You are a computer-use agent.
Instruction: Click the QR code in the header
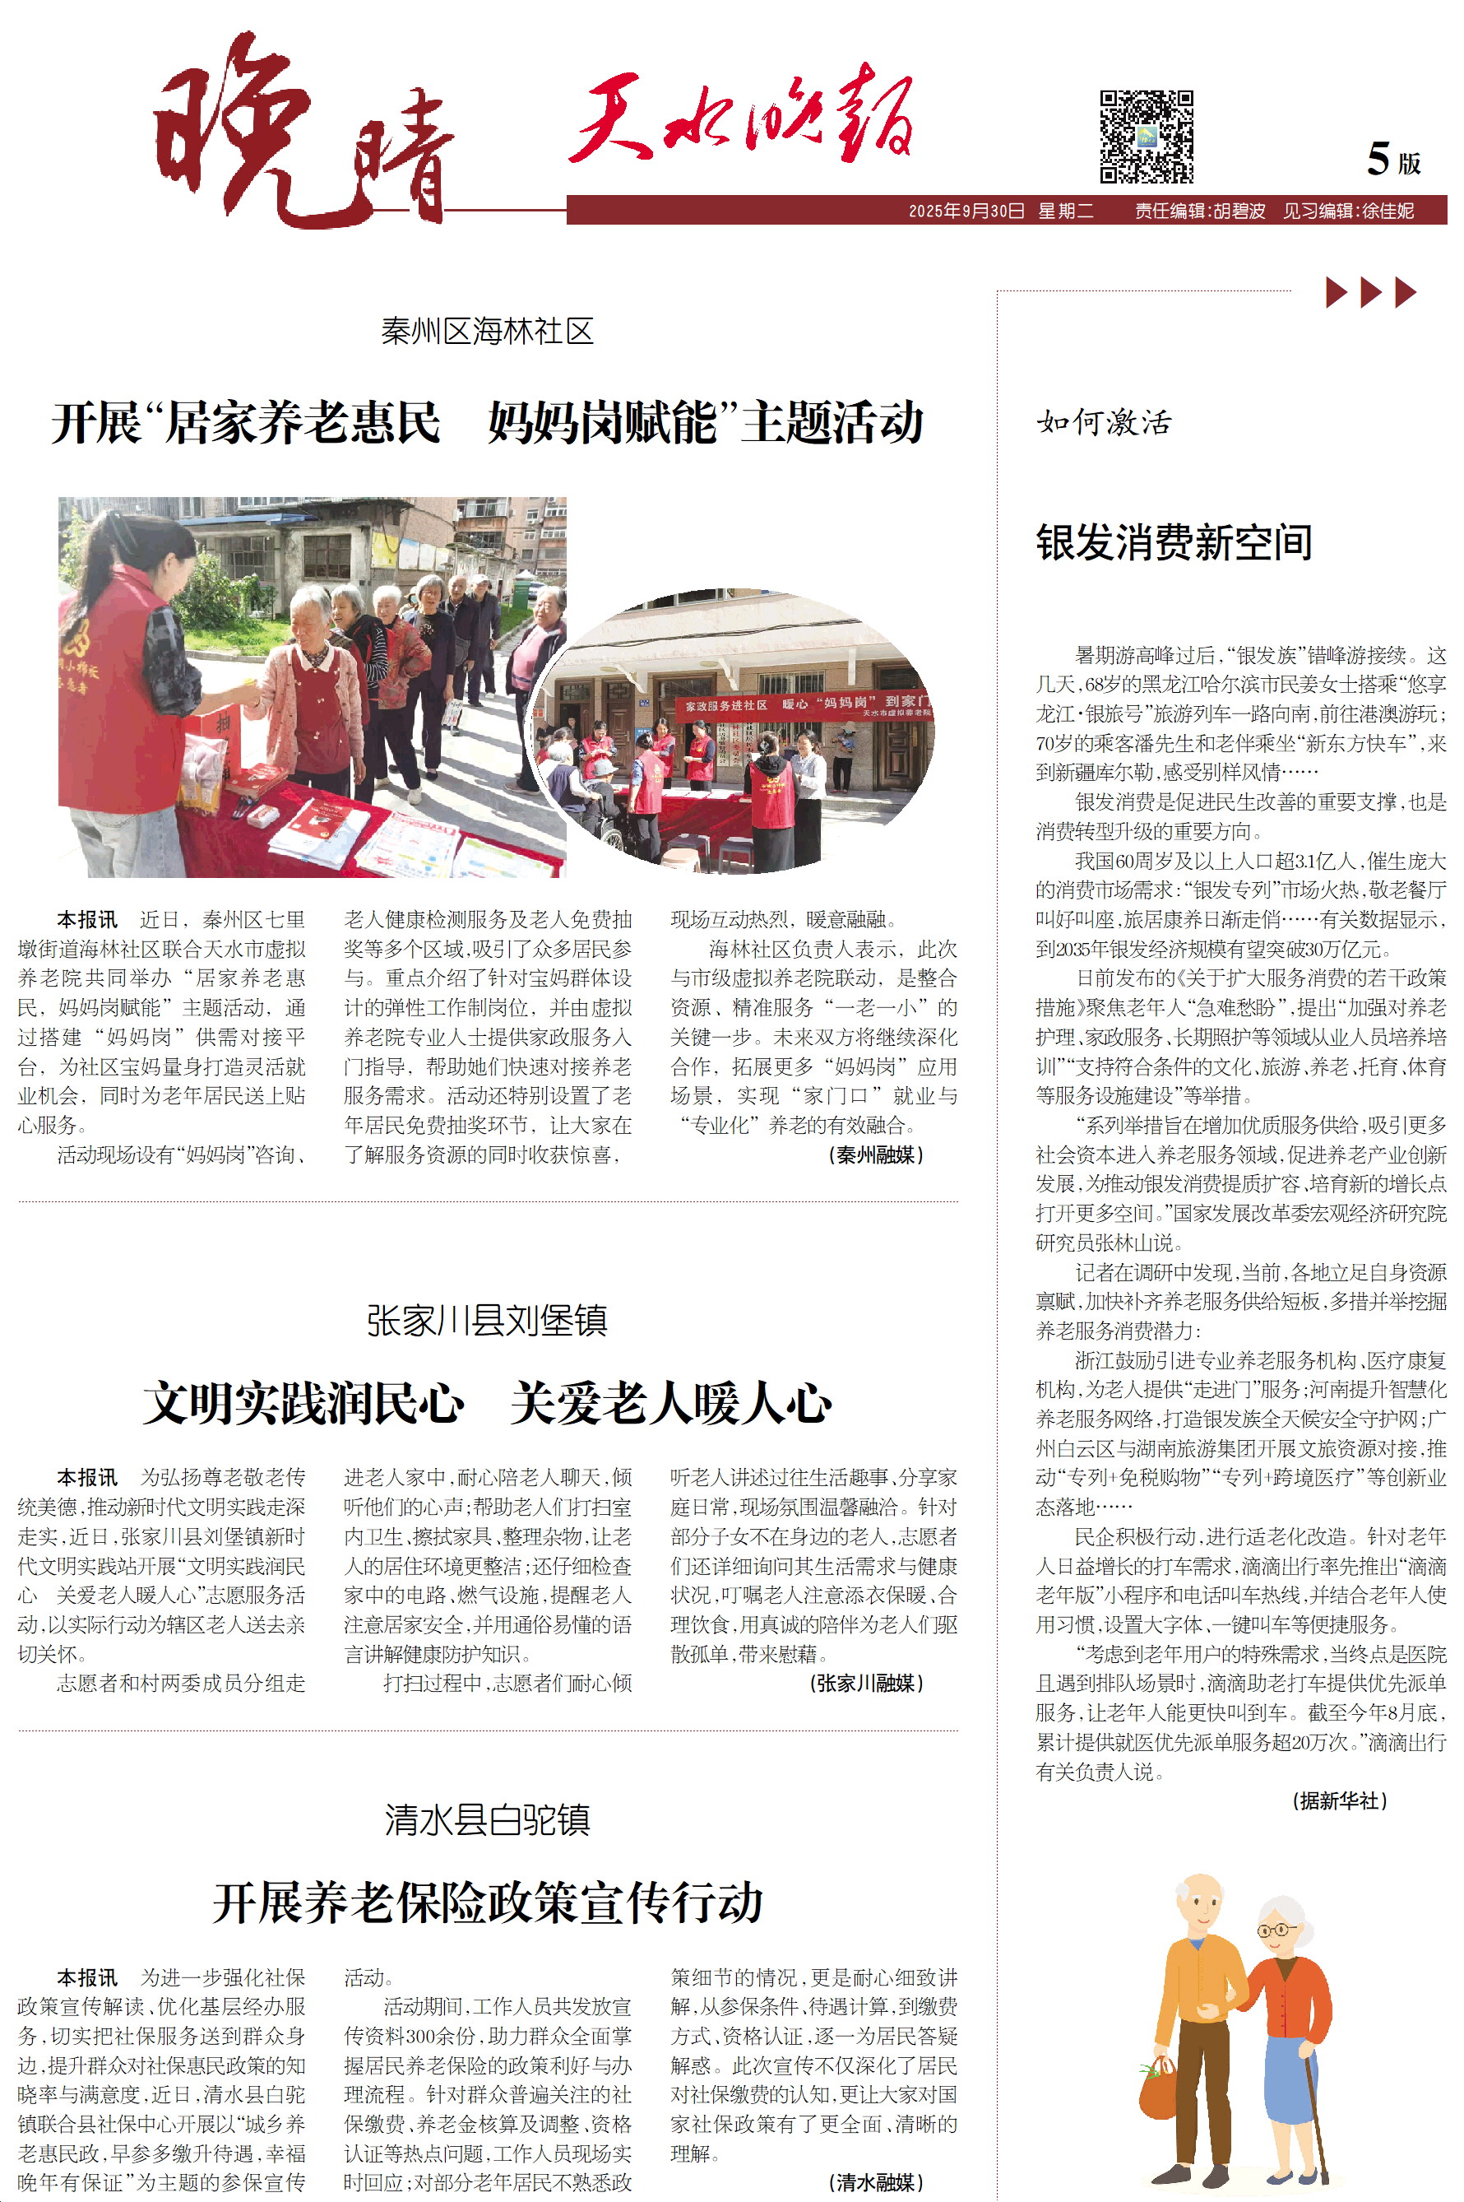(x=1146, y=137)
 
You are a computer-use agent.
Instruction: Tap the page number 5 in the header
(x=1378, y=159)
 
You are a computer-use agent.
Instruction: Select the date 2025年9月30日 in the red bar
(x=966, y=211)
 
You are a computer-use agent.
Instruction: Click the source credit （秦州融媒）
(x=875, y=1155)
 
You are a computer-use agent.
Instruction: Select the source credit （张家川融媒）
(x=865, y=1683)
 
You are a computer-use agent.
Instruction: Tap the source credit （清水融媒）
(x=875, y=2181)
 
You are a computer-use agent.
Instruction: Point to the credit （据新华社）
(x=1339, y=1800)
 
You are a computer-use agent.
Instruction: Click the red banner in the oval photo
(x=803, y=705)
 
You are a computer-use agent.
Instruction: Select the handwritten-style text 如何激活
(x=1104, y=423)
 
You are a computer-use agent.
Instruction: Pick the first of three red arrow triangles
(x=1336, y=292)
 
